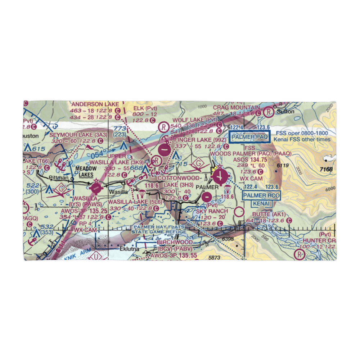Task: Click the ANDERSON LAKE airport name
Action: click(95, 104)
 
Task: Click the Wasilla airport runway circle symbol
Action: click(96, 187)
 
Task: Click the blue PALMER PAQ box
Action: click(250, 137)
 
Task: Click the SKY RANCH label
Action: click(212, 211)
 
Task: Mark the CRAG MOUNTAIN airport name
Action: click(236, 108)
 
